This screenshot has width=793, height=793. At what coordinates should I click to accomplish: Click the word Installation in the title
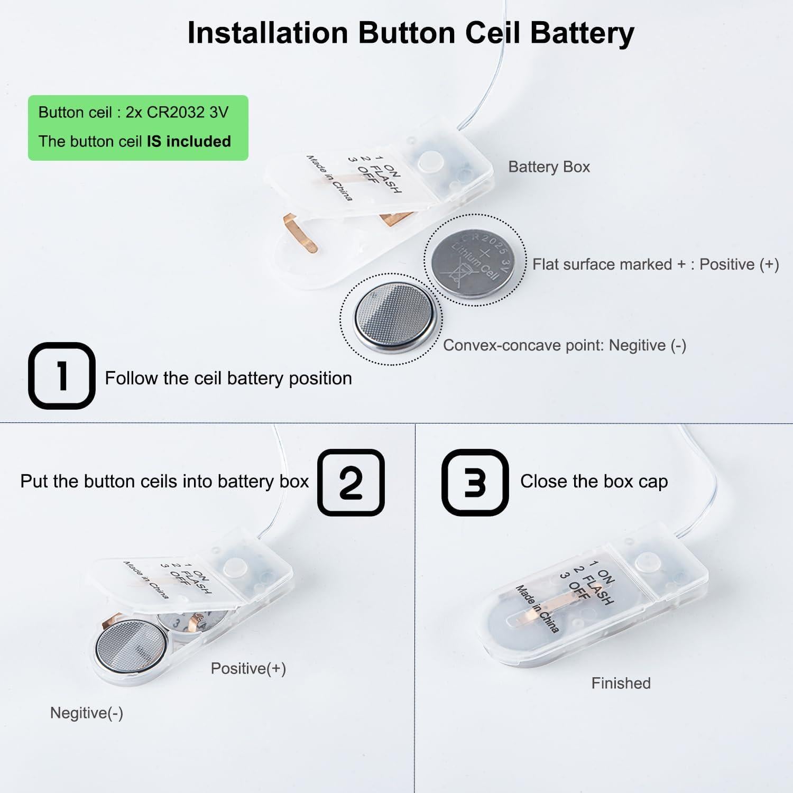[268, 33]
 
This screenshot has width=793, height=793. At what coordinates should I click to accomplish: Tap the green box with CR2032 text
[138, 127]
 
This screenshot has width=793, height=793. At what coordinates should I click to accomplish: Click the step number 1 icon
[62, 376]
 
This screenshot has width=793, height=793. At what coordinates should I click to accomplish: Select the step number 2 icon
[351, 482]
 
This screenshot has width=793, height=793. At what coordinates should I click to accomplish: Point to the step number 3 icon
[475, 482]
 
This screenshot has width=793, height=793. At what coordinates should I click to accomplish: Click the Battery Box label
[549, 167]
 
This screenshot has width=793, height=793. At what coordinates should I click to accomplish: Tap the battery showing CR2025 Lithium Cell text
[476, 259]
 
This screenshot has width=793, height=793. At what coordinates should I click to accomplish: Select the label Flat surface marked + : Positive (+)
[656, 264]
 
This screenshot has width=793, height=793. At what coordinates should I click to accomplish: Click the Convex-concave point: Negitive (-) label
[564, 345]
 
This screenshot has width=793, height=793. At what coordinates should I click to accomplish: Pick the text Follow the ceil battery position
[228, 379]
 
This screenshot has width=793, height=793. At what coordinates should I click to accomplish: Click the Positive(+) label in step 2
[248, 668]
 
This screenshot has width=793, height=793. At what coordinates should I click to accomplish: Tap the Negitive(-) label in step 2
[87, 713]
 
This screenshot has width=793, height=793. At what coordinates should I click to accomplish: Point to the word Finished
[621, 683]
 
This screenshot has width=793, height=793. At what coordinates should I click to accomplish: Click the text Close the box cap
[594, 481]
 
